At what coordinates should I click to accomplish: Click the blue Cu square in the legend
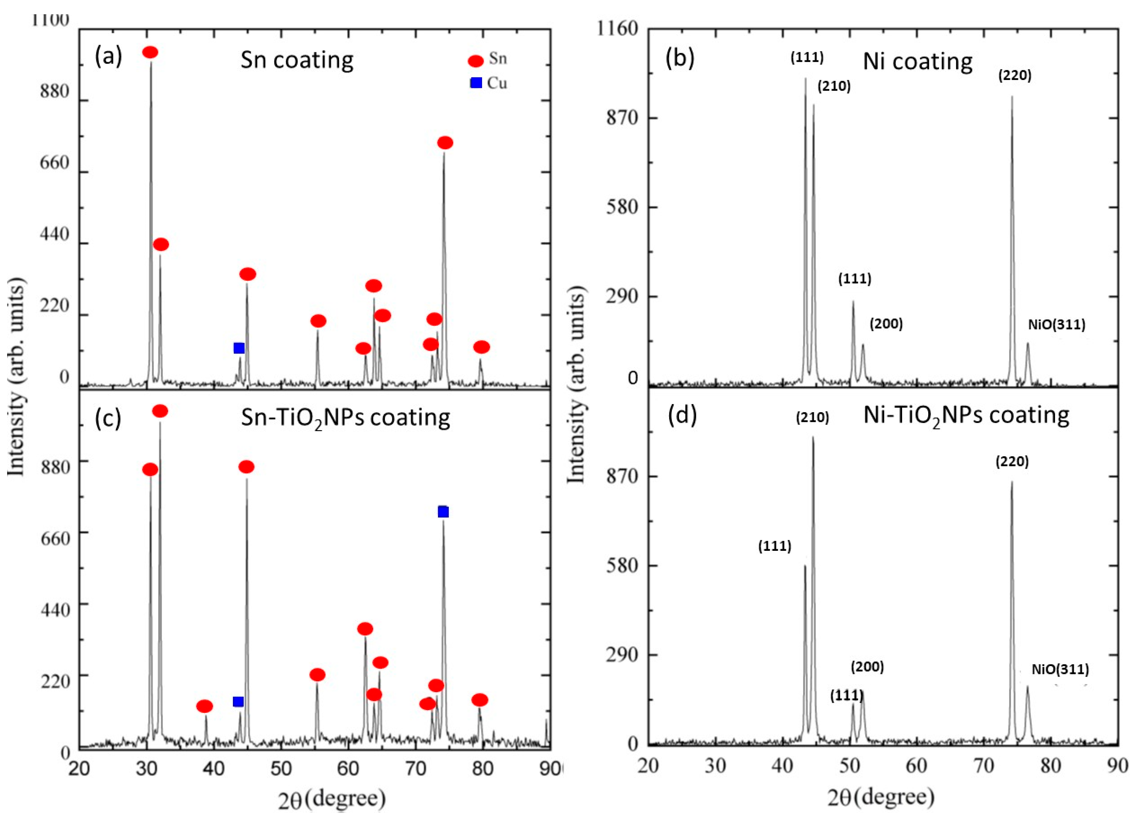point(476,83)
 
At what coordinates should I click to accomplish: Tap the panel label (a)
point(108,57)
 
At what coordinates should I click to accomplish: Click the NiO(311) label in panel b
point(1056,325)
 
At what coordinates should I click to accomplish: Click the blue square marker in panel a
point(239,348)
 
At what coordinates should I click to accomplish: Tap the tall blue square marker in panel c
point(443,512)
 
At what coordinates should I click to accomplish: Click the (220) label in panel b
point(1014,76)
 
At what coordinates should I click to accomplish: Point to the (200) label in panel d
point(867,667)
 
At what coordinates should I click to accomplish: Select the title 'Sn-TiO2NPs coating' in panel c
point(345,418)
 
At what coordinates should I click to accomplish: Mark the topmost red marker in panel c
point(160,411)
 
